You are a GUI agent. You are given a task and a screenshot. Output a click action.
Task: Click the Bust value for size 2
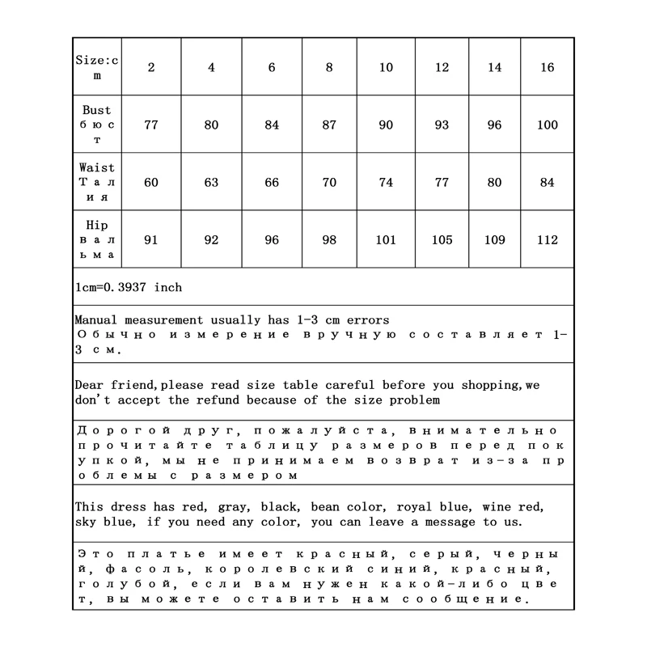[x=151, y=125]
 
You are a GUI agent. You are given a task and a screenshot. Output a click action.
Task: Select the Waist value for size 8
[x=329, y=183]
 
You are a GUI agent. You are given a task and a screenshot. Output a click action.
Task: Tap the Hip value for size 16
[x=548, y=240]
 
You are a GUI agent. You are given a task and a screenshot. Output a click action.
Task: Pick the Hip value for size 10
[x=386, y=240]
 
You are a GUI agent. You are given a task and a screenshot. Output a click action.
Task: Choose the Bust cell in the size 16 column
[x=548, y=125]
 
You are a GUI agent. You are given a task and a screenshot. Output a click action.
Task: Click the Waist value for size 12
[x=442, y=183]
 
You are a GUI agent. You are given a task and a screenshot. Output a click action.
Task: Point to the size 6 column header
[x=272, y=68]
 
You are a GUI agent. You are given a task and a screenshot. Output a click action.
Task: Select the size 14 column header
[x=494, y=68]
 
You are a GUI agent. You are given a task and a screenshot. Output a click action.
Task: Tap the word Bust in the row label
[x=97, y=110]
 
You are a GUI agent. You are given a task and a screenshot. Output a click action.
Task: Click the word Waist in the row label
[x=97, y=167]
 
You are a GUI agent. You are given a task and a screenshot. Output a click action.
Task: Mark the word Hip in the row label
[x=97, y=225]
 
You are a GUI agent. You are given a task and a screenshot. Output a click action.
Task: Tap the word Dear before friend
[x=88, y=385]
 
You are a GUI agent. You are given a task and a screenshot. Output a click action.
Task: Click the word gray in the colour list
[x=234, y=507]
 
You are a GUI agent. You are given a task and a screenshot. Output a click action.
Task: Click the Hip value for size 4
[x=211, y=240]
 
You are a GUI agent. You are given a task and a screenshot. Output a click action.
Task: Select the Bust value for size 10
[x=386, y=125]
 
